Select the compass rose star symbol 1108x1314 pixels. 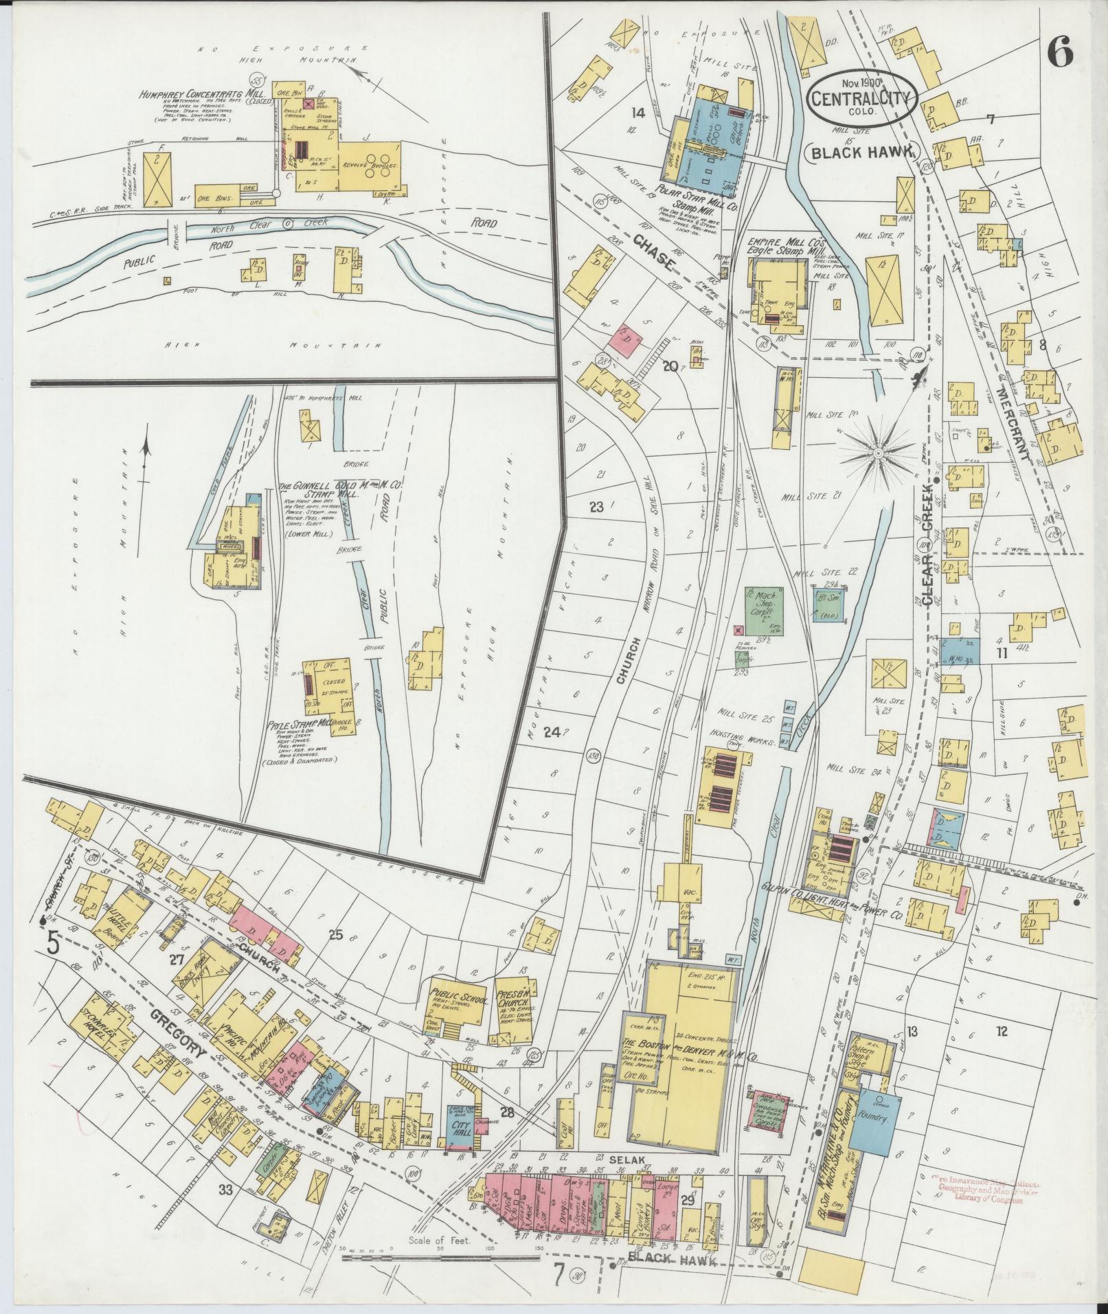[x=878, y=454]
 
